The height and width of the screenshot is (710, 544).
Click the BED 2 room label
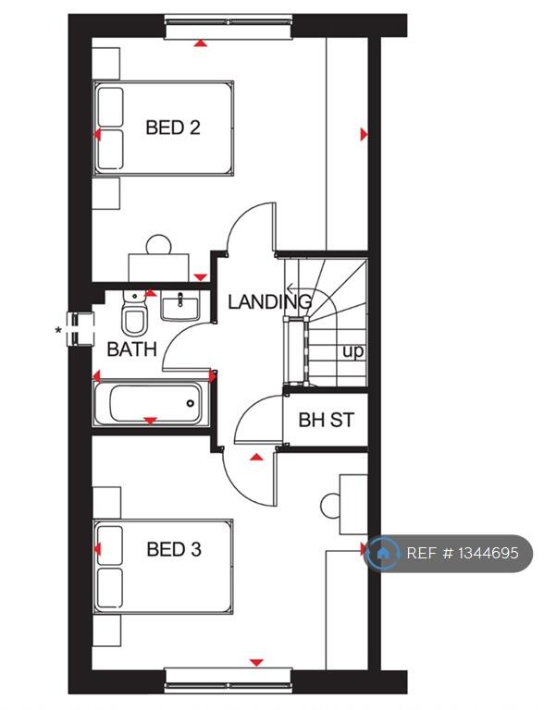(173, 128)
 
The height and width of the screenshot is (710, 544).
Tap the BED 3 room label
(174, 549)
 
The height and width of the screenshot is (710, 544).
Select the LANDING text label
(269, 300)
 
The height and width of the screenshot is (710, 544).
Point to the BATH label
(131, 349)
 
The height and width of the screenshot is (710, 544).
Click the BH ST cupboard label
(326, 420)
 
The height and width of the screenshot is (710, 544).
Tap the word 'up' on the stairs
(352, 351)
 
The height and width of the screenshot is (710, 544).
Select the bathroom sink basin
(181, 305)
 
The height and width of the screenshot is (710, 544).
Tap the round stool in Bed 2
(159, 245)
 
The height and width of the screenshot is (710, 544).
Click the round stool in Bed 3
(332, 506)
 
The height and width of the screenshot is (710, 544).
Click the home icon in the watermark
(382, 554)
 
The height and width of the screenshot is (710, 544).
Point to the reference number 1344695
(469, 554)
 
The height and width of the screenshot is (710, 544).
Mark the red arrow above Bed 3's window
(256, 662)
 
